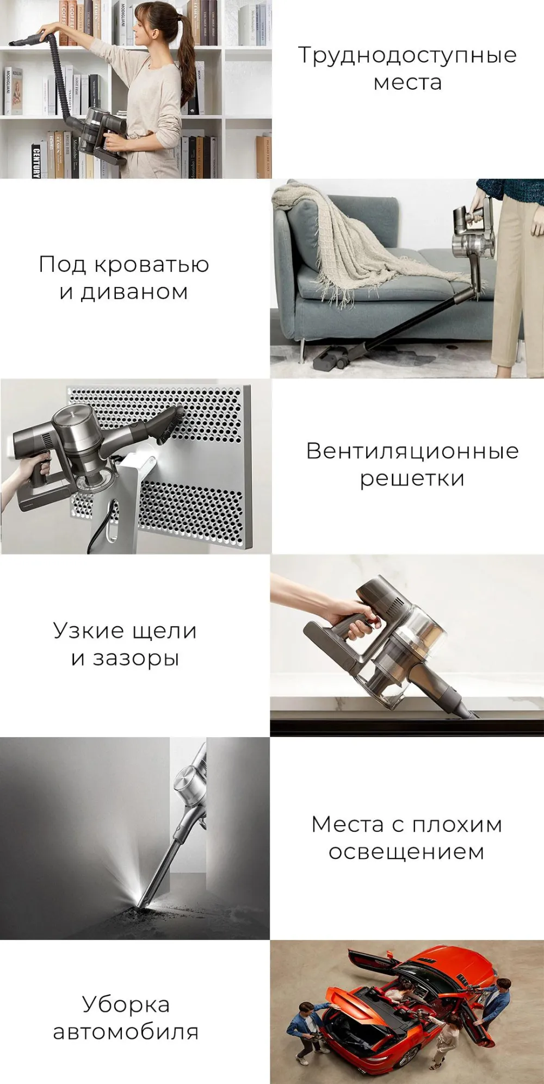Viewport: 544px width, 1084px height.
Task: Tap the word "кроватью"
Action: [x=152, y=265]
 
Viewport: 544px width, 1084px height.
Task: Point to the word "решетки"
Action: [x=412, y=479]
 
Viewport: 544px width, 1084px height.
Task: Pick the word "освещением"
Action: [x=406, y=852]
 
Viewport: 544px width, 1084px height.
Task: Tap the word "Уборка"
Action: [x=126, y=1005]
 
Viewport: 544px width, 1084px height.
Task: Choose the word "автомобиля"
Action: [x=126, y=1032]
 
